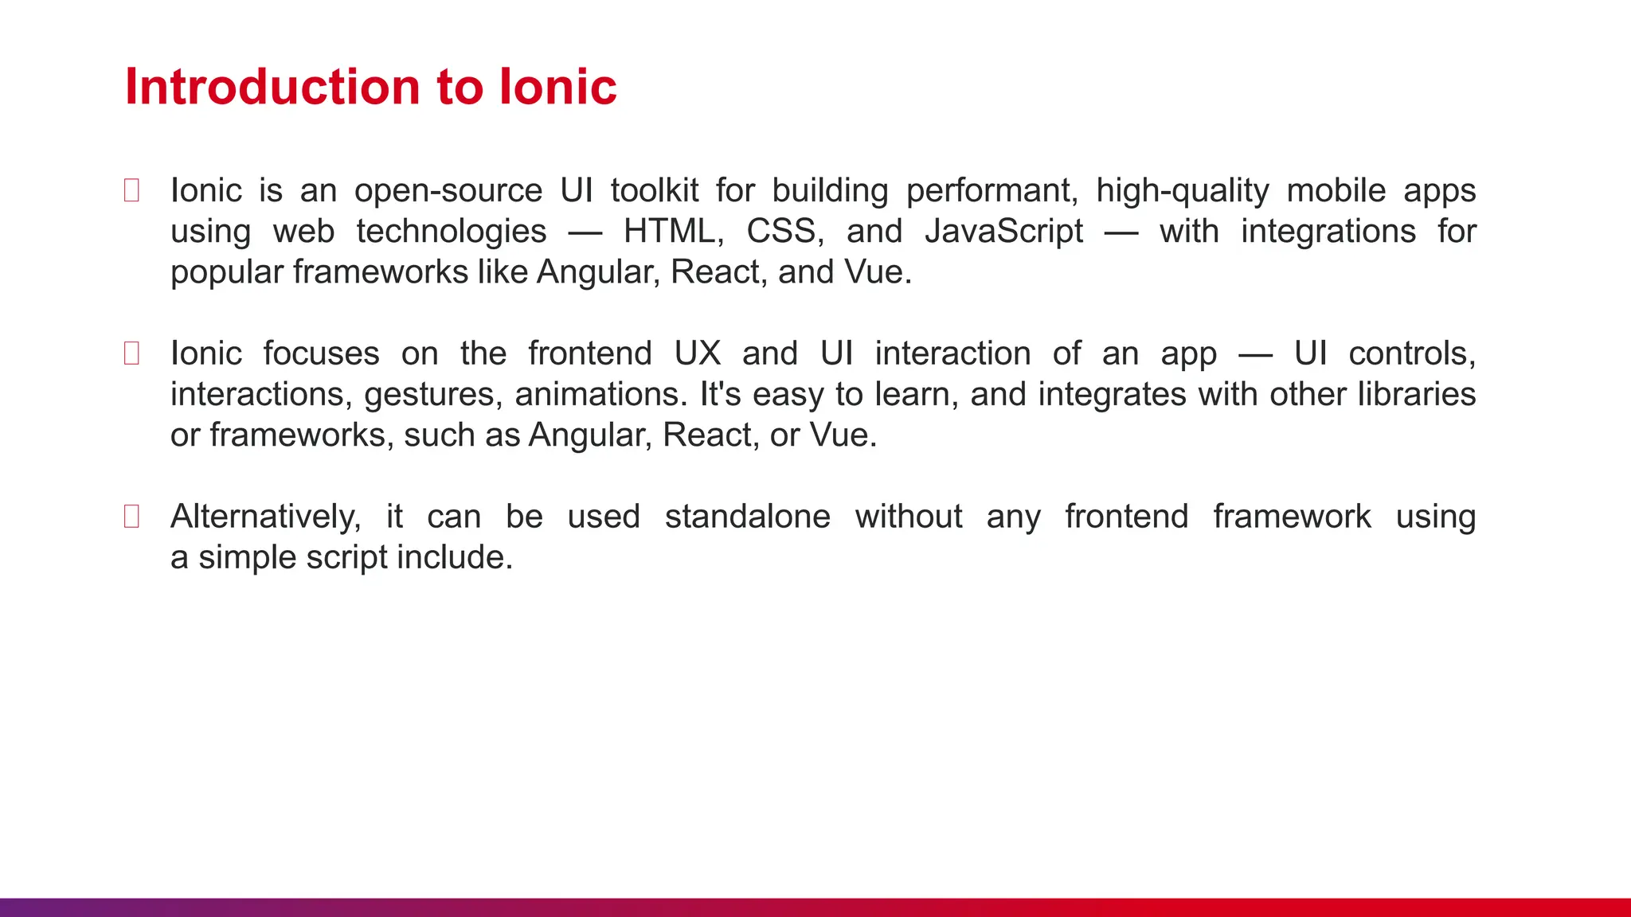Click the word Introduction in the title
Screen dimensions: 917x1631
point(272,86)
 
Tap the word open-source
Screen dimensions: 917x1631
point(448,191)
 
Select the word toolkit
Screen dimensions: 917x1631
point(655,191)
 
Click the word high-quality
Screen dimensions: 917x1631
point(1182,191)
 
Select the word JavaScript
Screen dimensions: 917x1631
point(1003,232)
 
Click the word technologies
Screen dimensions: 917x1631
point(451,232)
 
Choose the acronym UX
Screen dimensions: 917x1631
point(697,353)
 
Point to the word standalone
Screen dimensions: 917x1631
point(747,517)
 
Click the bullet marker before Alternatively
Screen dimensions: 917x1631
point(132,517)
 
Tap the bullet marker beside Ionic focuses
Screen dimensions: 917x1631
point(132,353)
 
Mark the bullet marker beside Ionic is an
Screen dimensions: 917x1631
point(132,191)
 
